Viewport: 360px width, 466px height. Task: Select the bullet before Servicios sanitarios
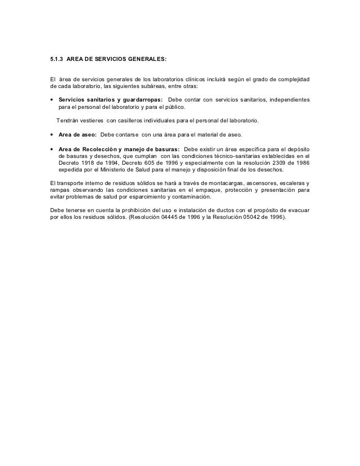coord(52,100)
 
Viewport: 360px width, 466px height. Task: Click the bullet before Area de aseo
coord(52,134)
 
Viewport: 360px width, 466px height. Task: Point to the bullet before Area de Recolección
coord(52,148)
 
